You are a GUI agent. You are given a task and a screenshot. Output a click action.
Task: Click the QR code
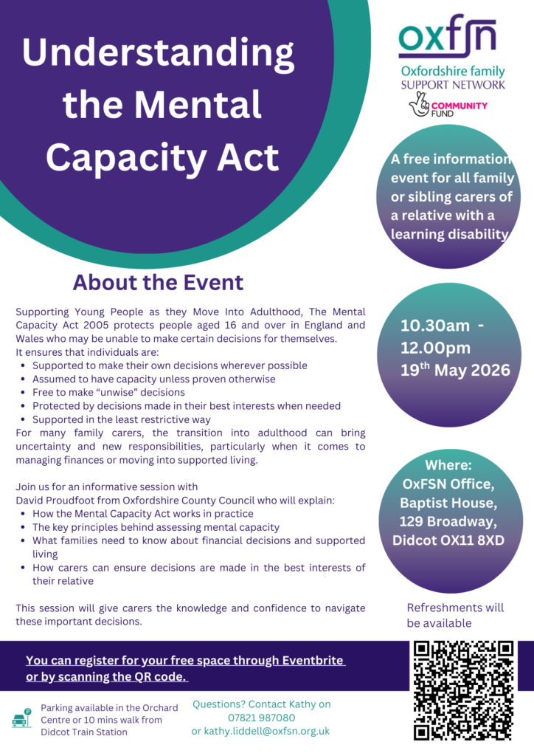click(463, 690)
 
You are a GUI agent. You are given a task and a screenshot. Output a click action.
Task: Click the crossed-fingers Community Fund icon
click(421, 108)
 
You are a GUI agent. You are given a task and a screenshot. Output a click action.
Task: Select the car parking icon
click(23, 718)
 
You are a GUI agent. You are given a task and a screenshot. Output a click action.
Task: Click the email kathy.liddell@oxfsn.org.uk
click(260, 731)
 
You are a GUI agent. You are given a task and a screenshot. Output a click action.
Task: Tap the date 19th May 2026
click(455, 368)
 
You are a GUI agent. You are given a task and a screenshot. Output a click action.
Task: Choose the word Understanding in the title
click(158, 54)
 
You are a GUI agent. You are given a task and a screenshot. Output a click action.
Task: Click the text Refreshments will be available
click(455, 615)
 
